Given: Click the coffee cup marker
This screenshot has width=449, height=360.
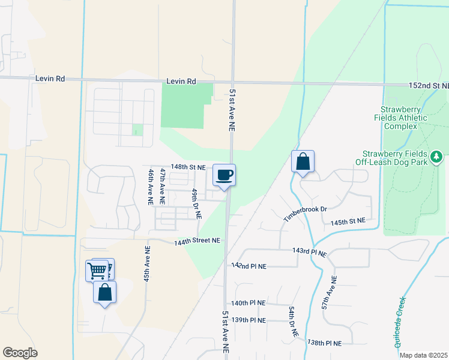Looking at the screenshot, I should tap(224, 175).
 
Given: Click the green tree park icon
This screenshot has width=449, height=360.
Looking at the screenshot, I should tap(436, 157).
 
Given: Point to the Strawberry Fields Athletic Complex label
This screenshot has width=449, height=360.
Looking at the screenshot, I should tap(408, 118).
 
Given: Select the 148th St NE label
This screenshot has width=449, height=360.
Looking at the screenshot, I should tap(188, 167).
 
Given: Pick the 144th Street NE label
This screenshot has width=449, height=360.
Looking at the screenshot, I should tap(198, 241).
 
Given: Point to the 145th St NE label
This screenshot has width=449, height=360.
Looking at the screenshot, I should tap(348, 221).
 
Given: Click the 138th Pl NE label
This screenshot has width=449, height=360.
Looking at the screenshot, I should tap(324, 343).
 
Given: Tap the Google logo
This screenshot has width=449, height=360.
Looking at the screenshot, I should tap(20, 353).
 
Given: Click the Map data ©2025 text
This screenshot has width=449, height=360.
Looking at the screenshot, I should tap(423, 355).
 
